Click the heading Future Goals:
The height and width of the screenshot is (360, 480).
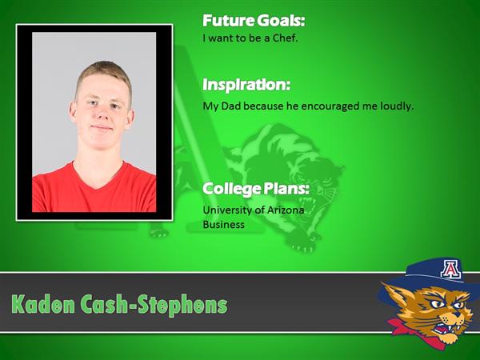[x=254, y=21]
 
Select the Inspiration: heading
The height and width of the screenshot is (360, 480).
[x=246, y=85]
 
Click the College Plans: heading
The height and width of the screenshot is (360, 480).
[x=256, y=189]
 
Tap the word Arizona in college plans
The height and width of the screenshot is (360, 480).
[x=286, y=210]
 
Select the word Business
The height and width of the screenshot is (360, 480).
[x=223, y=225]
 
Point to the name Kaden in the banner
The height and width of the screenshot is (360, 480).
[x=42, y=305]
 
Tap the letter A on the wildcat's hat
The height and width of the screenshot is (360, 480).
[x=450, y=269]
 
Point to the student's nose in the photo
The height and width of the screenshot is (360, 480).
[x=102, y=114]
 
